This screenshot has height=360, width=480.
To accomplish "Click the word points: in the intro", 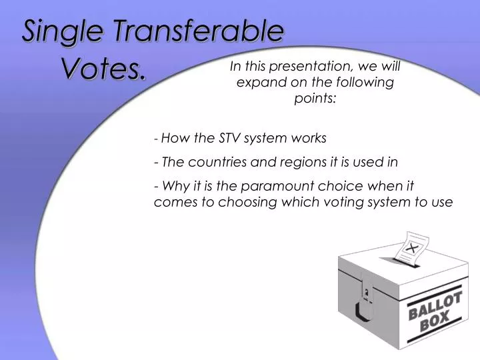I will [315, 99].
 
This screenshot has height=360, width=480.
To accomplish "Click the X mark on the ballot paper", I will [412, 247].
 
